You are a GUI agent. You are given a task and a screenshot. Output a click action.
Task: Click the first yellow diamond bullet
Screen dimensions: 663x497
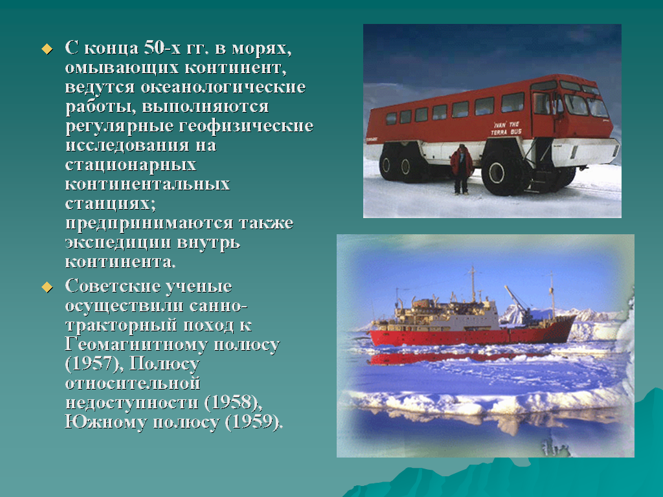point(47,49)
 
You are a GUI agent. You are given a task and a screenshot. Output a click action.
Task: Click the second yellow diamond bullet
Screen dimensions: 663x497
point(47,287)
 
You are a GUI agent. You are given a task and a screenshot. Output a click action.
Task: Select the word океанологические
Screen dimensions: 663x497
point(223,87)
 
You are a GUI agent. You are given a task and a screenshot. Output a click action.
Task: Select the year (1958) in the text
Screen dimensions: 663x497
point(233,403)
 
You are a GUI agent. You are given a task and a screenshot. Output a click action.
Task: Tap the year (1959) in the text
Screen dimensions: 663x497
point(254,422)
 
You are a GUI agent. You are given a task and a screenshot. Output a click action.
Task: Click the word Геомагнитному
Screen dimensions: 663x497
point(136,344)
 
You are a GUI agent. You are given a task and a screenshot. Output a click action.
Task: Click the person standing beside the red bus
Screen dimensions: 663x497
point(461,169)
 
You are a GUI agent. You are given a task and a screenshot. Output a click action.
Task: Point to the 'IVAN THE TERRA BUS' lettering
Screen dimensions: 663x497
point(506,128)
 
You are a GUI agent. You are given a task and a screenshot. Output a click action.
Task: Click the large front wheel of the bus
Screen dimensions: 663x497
point(502,172)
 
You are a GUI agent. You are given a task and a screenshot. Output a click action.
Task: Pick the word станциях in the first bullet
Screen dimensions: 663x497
point(110,204)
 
